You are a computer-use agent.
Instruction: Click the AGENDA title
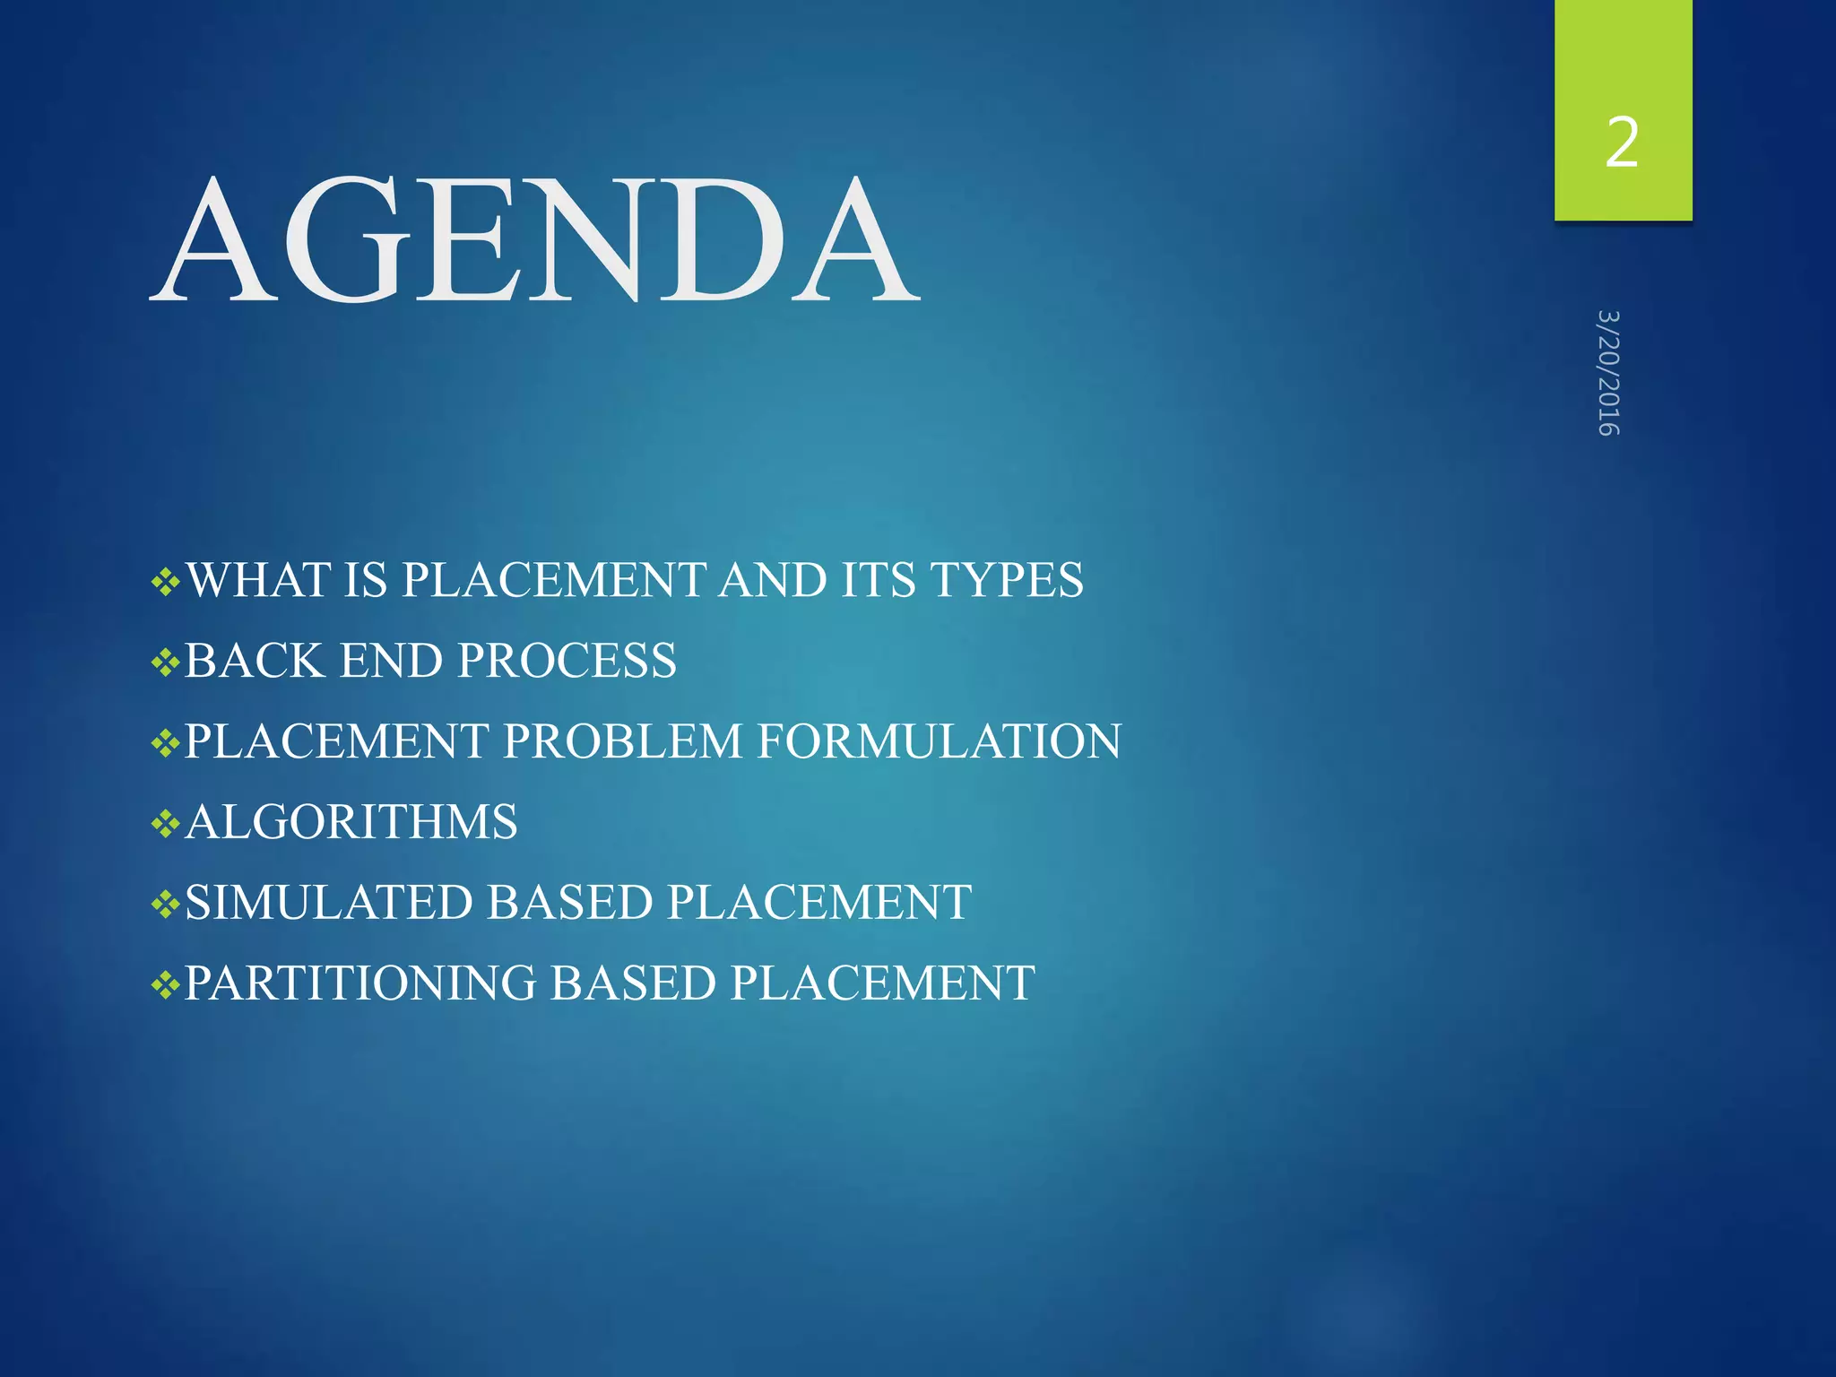pyautogui.click(x=535, y=239)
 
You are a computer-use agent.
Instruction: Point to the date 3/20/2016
pyautogui.click(x=1608, y=373)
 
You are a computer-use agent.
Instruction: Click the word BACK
pyautogui.click(x=255, y=661)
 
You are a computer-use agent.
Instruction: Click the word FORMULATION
pyautogui.click(x=939, y=741)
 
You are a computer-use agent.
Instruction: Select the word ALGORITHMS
pyautogui.click(x=351, y=822)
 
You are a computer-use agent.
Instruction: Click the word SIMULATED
pyautogui.click(x=328, y=902)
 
